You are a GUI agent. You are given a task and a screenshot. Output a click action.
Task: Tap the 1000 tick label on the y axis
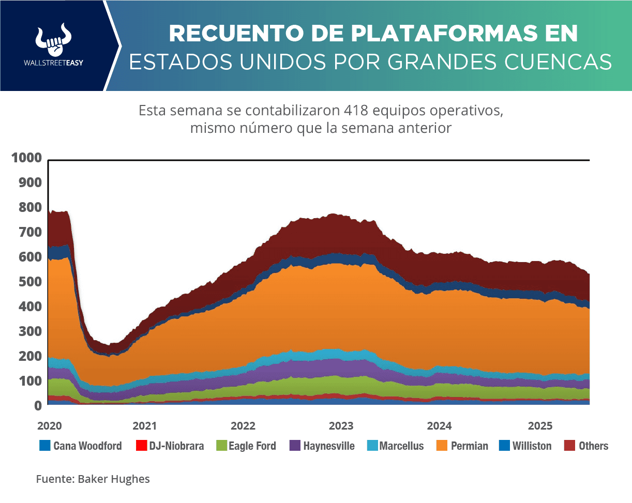[26, 158]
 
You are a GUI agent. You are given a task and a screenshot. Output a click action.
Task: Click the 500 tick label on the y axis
[30, 282]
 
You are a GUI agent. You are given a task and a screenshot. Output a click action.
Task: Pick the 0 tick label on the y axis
[38, 406]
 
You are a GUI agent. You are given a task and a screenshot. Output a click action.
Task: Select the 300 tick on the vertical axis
[30, 331]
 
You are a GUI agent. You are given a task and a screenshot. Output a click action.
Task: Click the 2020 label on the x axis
[49, 426]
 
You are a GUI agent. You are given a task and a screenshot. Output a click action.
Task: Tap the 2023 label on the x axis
[341, 426]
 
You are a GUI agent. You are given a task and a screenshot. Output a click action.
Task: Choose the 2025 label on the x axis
[540, 426]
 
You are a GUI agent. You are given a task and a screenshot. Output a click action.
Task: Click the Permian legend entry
[469, 446]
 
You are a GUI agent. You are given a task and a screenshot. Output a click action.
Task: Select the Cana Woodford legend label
[87, 446]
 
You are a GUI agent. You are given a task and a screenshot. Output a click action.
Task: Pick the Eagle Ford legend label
[252, 446]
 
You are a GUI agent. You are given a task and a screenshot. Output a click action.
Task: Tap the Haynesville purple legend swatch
[295, 446]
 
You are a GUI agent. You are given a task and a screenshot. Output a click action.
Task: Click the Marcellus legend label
[401, 446]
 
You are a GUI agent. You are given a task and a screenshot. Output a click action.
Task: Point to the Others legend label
[593, 446]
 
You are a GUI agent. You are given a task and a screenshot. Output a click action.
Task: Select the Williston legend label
[532, 446]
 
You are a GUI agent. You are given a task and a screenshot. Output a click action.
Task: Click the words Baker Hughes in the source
[114, 479]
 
